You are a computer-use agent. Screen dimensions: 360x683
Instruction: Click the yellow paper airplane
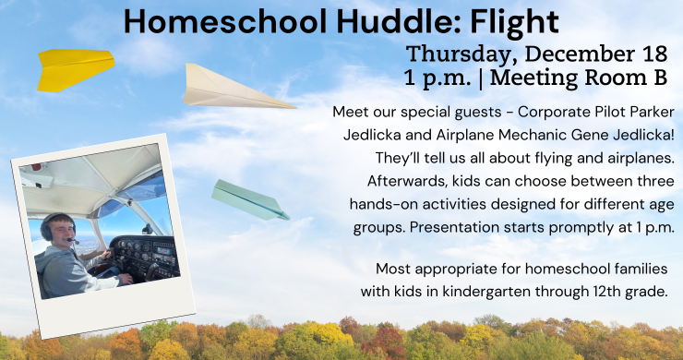(74, 68)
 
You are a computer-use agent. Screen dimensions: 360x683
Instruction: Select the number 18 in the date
(653, 52)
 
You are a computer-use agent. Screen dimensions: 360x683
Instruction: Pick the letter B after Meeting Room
(658, 75)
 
